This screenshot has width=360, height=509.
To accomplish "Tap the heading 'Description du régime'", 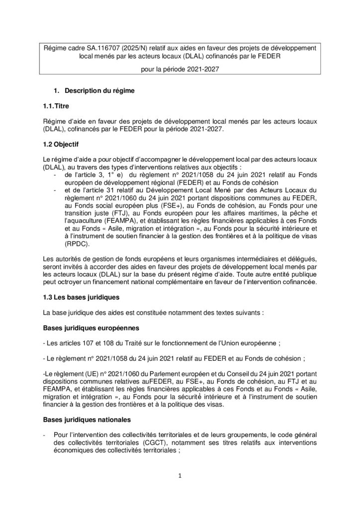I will pyautogui.click(x=96, y=91).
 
